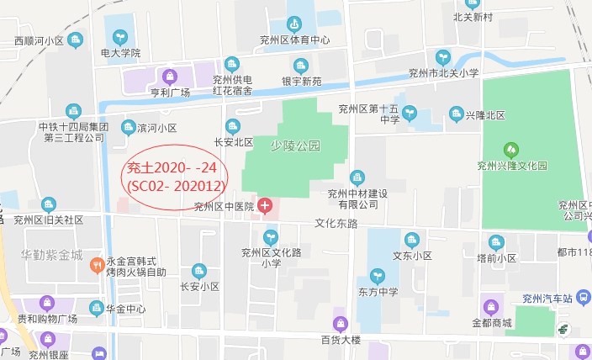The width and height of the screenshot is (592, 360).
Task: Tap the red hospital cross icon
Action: pyautogui.click(x=266, y=205)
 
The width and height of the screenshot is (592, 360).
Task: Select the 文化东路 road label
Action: pyautogui.click(x=336, y=224)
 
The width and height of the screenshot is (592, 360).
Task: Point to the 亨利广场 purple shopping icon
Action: pyautogui.click(x=170, y=76)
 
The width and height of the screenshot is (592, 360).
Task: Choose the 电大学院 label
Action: pyautogui.click(x=120, y=53)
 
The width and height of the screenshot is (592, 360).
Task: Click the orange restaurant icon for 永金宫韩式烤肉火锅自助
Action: pyautogui.click(x=97, y=266)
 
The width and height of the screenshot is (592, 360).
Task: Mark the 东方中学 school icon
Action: pyautogui.click(x=378, y=275)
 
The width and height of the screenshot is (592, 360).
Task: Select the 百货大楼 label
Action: pyautogui.click(x=340, y=340)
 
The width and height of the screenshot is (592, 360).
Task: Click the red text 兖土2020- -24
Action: pyautogui.click(x=171, y=167)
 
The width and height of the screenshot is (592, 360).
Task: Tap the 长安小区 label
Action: pyautogui.click(x=199, y=287)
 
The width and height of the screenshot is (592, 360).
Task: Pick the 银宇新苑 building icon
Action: pyautogui.click(x=300, y=66)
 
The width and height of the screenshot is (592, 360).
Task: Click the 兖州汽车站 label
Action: pyautogui.click(x=547, y=299)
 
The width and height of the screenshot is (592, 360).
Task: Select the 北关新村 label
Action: pyautogui.click(x=472, y=17)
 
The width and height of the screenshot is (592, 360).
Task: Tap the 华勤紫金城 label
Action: pyautogui.click(x=52, y=254)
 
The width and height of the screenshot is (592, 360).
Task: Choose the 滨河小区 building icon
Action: pyautogui.click(x=129, y=128)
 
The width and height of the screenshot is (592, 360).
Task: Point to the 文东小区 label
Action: pyautogui.click(x=412, y=256)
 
